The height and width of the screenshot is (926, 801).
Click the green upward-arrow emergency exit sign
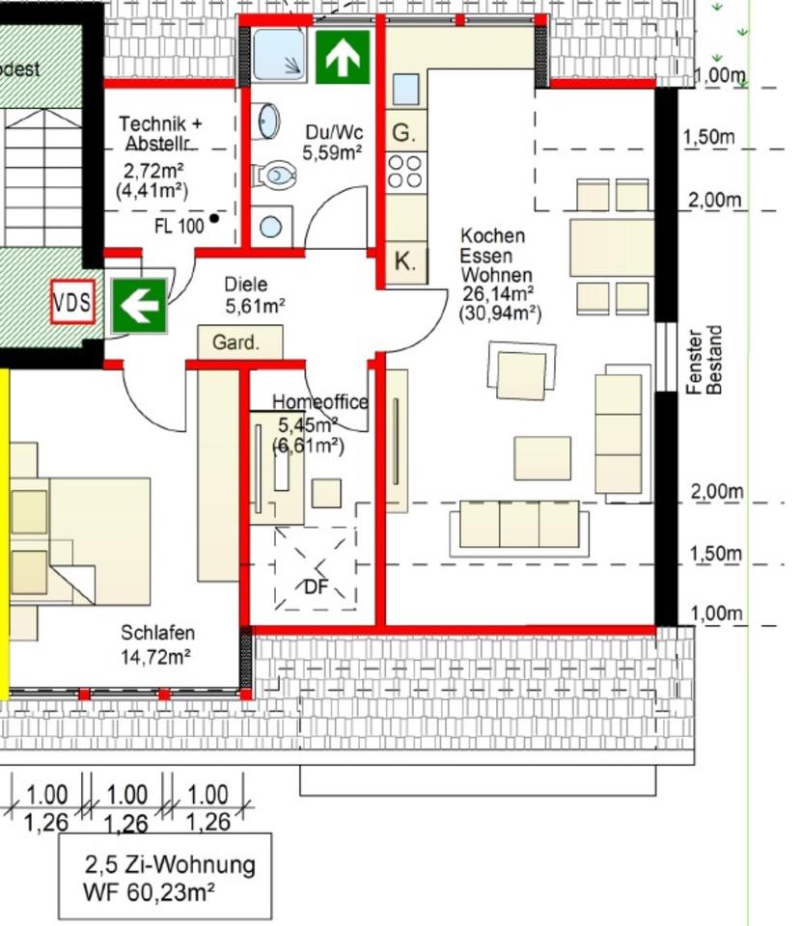coord(342,57)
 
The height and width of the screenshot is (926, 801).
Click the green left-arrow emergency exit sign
coord(139,306)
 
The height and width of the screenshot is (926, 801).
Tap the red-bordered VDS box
coord(72,304)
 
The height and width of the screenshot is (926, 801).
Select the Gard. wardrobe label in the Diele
coord(240,342)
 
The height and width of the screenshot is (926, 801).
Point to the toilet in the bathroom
coord(275,176)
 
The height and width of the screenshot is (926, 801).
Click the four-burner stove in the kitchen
coord(405,172)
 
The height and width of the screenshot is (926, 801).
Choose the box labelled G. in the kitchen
coord(405,132)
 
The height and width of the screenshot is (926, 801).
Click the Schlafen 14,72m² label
coord(157,645)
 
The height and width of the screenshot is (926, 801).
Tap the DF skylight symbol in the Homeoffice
coord(315,570)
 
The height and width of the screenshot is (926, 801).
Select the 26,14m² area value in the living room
coord(498,294)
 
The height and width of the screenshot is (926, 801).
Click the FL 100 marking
coord(180,227)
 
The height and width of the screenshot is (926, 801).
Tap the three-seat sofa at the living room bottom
coord(518,525)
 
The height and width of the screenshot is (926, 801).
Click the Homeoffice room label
coord(319,402)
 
